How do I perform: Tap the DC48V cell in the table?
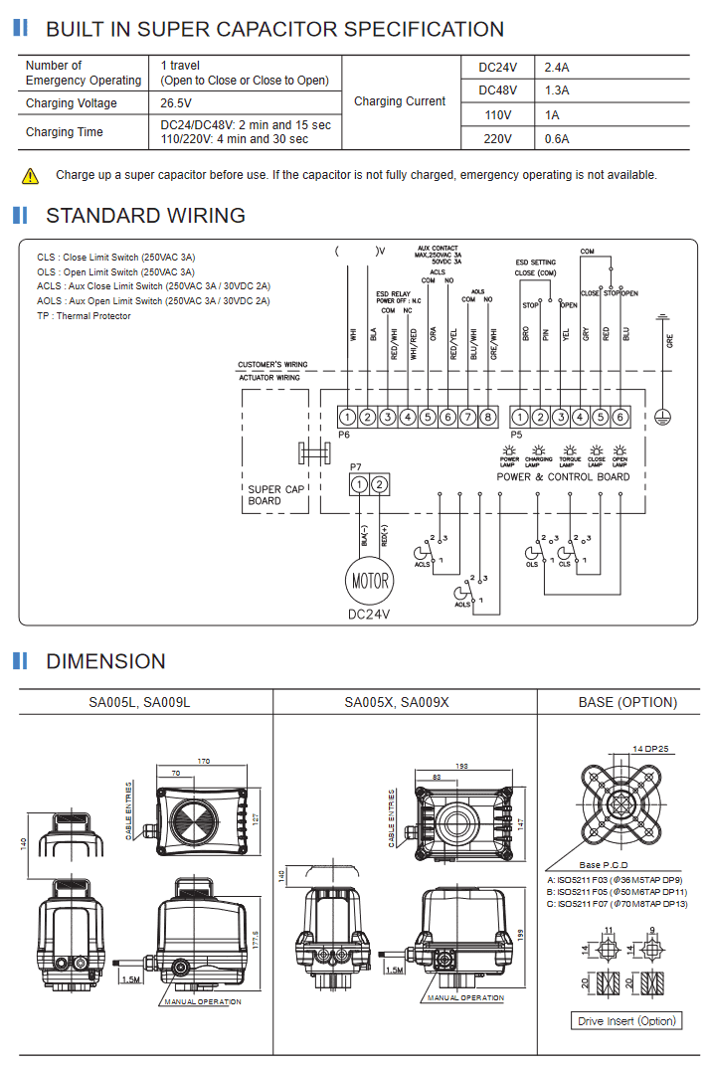click(498, 90)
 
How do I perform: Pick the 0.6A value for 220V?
click(557, 139)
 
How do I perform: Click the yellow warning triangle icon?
click(31, 176)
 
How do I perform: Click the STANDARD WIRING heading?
click(145, 216)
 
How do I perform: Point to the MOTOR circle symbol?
click(369, 581)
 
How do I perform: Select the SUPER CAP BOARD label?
click(276, 495)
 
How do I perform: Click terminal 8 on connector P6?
click(486, 418)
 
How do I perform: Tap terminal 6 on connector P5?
click(619, 418)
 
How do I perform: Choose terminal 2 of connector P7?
click(379, 484)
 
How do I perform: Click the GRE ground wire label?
click(669, 340)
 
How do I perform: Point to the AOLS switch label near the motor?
click(462, 605)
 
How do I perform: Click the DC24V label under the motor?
click(369, 615)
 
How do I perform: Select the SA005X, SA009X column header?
click(397, 702)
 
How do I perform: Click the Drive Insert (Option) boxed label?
click(627, 1021)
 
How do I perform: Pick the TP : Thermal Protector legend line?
click(84, 316)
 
